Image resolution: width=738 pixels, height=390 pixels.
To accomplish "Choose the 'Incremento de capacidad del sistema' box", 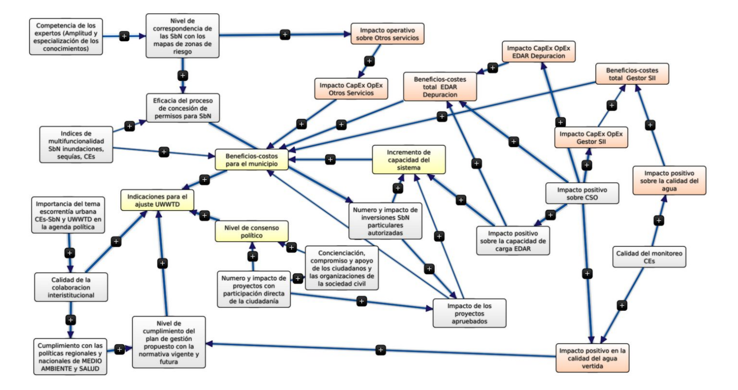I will pyautogui.click(x=408, y=159).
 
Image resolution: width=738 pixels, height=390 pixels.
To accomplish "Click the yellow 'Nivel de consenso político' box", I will pyautogui.click(x=251, y=231).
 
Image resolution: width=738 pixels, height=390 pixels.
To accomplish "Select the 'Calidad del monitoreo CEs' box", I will pyautogui.click(x=649, y=257).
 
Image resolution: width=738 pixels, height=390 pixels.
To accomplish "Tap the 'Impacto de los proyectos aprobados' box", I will pyautogui.click(x=469, y=312).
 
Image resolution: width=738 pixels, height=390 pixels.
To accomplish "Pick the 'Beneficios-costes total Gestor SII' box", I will pyautogui.click(x=632, y=73).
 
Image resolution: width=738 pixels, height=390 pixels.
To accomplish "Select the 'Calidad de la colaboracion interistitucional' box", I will pyautogui.click(x=71, y=287).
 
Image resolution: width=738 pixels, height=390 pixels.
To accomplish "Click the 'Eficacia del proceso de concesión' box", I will pyautogui.click(x=182, y=107).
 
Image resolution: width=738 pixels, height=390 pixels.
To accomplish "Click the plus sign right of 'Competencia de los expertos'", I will pyautogui.click(x=124, y=36).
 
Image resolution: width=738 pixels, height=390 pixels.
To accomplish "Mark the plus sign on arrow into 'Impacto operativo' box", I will pyautogui.click(x=285, y=34).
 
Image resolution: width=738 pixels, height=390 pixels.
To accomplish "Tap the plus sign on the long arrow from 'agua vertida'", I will pyautogui.click(x=381, y=350).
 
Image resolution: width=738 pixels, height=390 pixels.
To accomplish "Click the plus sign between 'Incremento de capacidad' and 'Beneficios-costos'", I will pyautogui.click(x=330, y=159).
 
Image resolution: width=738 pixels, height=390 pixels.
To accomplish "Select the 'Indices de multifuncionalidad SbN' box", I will pyautogui.click(x=76, y=145).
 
